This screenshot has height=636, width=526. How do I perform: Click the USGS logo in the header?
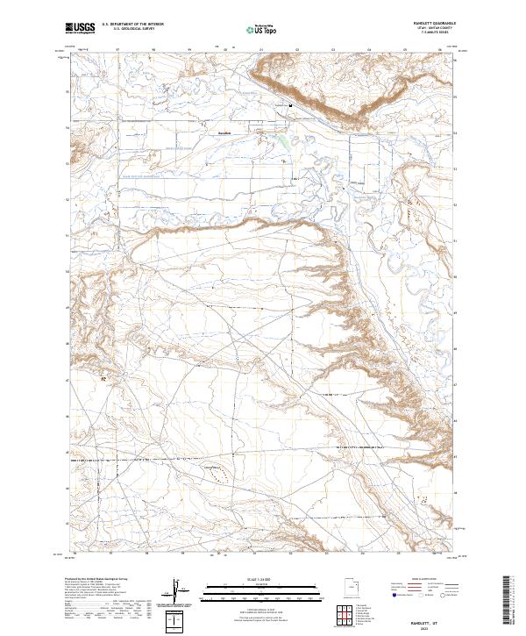point(79,28)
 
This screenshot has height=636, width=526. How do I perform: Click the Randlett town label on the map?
point(224,133)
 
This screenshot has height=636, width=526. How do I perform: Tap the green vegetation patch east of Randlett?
point(281,138)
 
